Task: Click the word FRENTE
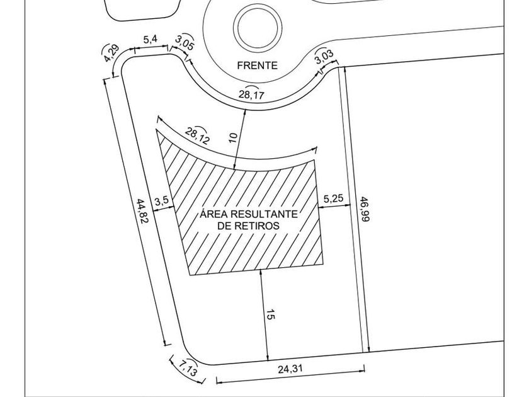coord(257,66)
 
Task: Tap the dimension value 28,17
coord(252,95)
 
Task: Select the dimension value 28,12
coord(198,135)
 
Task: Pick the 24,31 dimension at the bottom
coord(291,371)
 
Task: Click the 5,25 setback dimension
coord(333,199)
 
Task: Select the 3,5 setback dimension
coord(161,201)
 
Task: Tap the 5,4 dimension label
coord(151,40)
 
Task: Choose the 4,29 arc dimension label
coord(111,53)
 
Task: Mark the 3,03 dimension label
coord(323,57)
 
